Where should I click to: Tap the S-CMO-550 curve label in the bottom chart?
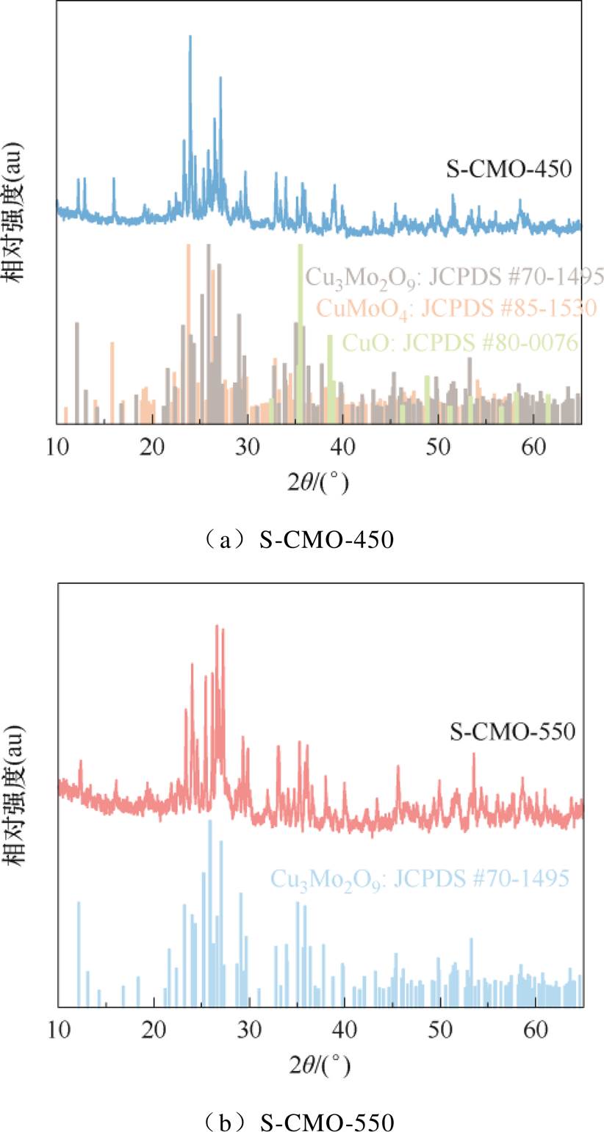[512, 732]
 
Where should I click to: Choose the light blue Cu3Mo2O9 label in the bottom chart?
[420, 878]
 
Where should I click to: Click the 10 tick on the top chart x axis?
[57, 444]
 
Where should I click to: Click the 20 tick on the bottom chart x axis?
[153, 1025]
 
